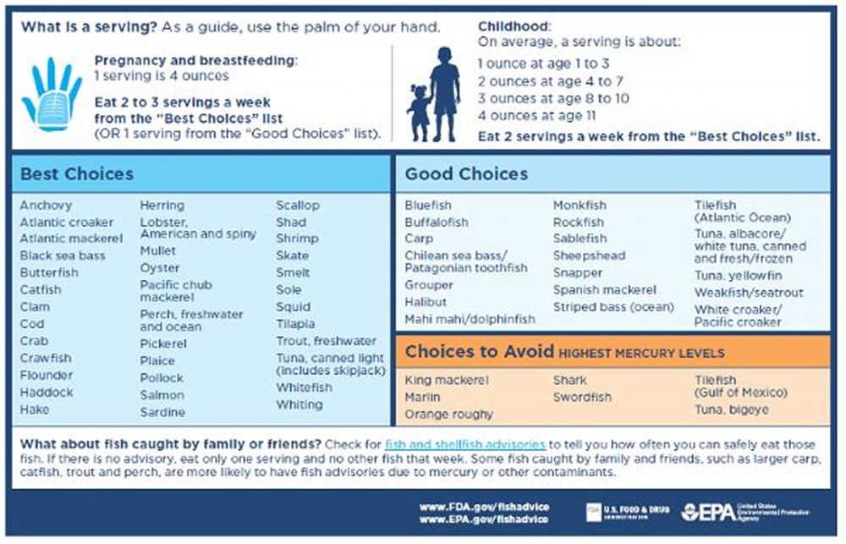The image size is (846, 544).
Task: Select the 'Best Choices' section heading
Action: [x=77, y=174]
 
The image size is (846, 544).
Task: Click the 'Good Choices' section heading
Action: [x=466, y=174]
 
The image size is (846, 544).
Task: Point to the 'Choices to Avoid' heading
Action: [x=480, y=352]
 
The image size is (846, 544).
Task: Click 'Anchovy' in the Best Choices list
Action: [x=46, y=206]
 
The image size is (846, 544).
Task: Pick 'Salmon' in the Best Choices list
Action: [x=162, y=395]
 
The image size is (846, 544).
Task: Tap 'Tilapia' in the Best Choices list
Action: [x=295, y=324]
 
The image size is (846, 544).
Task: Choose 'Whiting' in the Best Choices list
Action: [x=299, y=404]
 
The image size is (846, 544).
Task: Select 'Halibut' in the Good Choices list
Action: [x=426, y=302]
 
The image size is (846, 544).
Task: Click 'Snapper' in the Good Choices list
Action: [x=578, y=272]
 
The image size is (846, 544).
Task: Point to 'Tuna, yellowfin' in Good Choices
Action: [x=738, y=276]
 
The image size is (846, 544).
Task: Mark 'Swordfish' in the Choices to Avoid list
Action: [x=582, y=397]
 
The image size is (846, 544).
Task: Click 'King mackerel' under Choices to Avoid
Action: [x=446, y=381]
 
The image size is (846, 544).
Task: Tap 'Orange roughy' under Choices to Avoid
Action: [x=448, y=415]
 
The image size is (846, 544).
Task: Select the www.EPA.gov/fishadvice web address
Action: [x=483, y=519]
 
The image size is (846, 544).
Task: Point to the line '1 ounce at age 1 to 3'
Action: [x=543, y=63]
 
